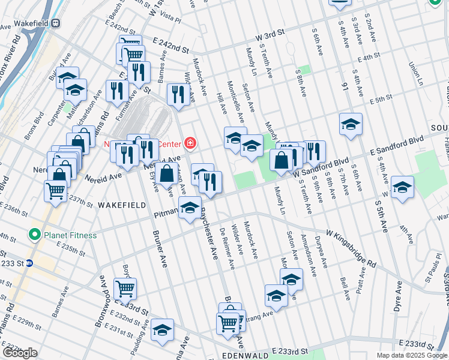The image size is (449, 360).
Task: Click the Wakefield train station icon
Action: click(56, 23)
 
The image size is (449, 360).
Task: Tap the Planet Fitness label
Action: click(70, 235)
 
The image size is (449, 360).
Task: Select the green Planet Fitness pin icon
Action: click(35, 235)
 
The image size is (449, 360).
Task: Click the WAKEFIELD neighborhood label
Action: click(122, 205)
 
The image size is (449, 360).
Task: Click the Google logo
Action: click(20, 353)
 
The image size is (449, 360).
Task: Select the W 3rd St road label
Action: click(270, 37)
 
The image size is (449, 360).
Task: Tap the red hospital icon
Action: click(190, 143)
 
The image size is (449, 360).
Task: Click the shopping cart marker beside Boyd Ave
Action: click(125, 288)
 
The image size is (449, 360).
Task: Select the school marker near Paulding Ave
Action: click(161, 331)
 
